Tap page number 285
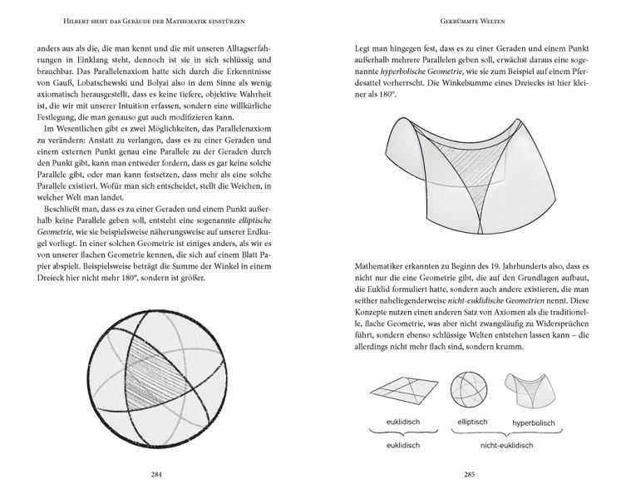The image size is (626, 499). point(470,477)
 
